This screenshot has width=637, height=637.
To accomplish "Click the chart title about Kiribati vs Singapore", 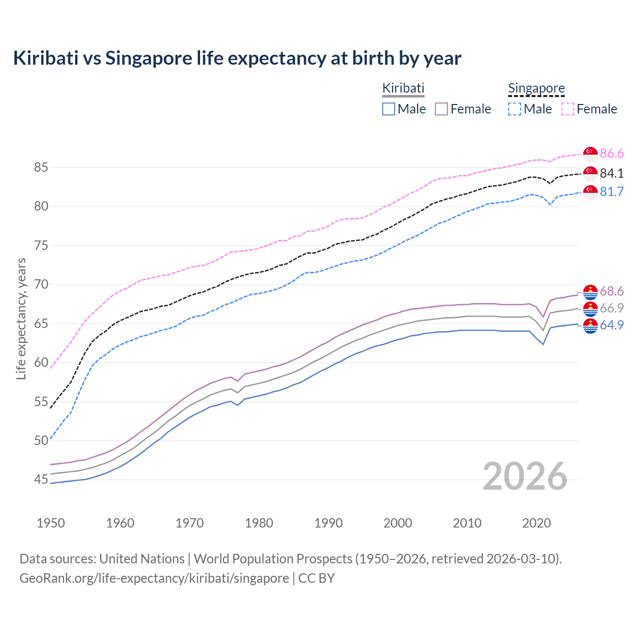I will (237, 58).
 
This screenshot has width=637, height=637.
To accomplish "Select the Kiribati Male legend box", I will (389, 109).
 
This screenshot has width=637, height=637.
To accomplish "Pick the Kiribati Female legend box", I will (441, 109).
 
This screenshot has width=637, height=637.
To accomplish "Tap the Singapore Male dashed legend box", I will (515, 109).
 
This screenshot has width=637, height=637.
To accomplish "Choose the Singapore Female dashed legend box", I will (568, 109).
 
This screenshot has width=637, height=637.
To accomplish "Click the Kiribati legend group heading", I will (403, 88).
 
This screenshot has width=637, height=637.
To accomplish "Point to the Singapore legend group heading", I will (536, 88).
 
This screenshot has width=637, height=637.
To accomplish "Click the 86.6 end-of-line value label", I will (612, 153).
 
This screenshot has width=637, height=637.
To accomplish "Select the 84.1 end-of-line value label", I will (612, 173).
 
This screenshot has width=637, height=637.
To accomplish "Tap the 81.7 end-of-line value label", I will (612, 192).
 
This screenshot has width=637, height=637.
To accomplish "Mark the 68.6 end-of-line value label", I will (612, 291).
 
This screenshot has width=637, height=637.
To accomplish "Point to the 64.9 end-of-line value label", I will (612, 325).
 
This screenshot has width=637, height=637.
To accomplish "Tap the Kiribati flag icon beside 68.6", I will (590, 292).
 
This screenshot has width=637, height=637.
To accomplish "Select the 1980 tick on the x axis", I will (259, 523).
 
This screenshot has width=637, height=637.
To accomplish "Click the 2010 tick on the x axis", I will (467, 523).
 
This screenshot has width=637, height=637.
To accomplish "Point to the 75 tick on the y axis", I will (41, 245).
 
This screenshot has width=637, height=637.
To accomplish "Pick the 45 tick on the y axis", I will (41, 480).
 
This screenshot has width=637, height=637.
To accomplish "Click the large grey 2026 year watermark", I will (525, 476).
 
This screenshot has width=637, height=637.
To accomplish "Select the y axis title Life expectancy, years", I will (21, 318).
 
